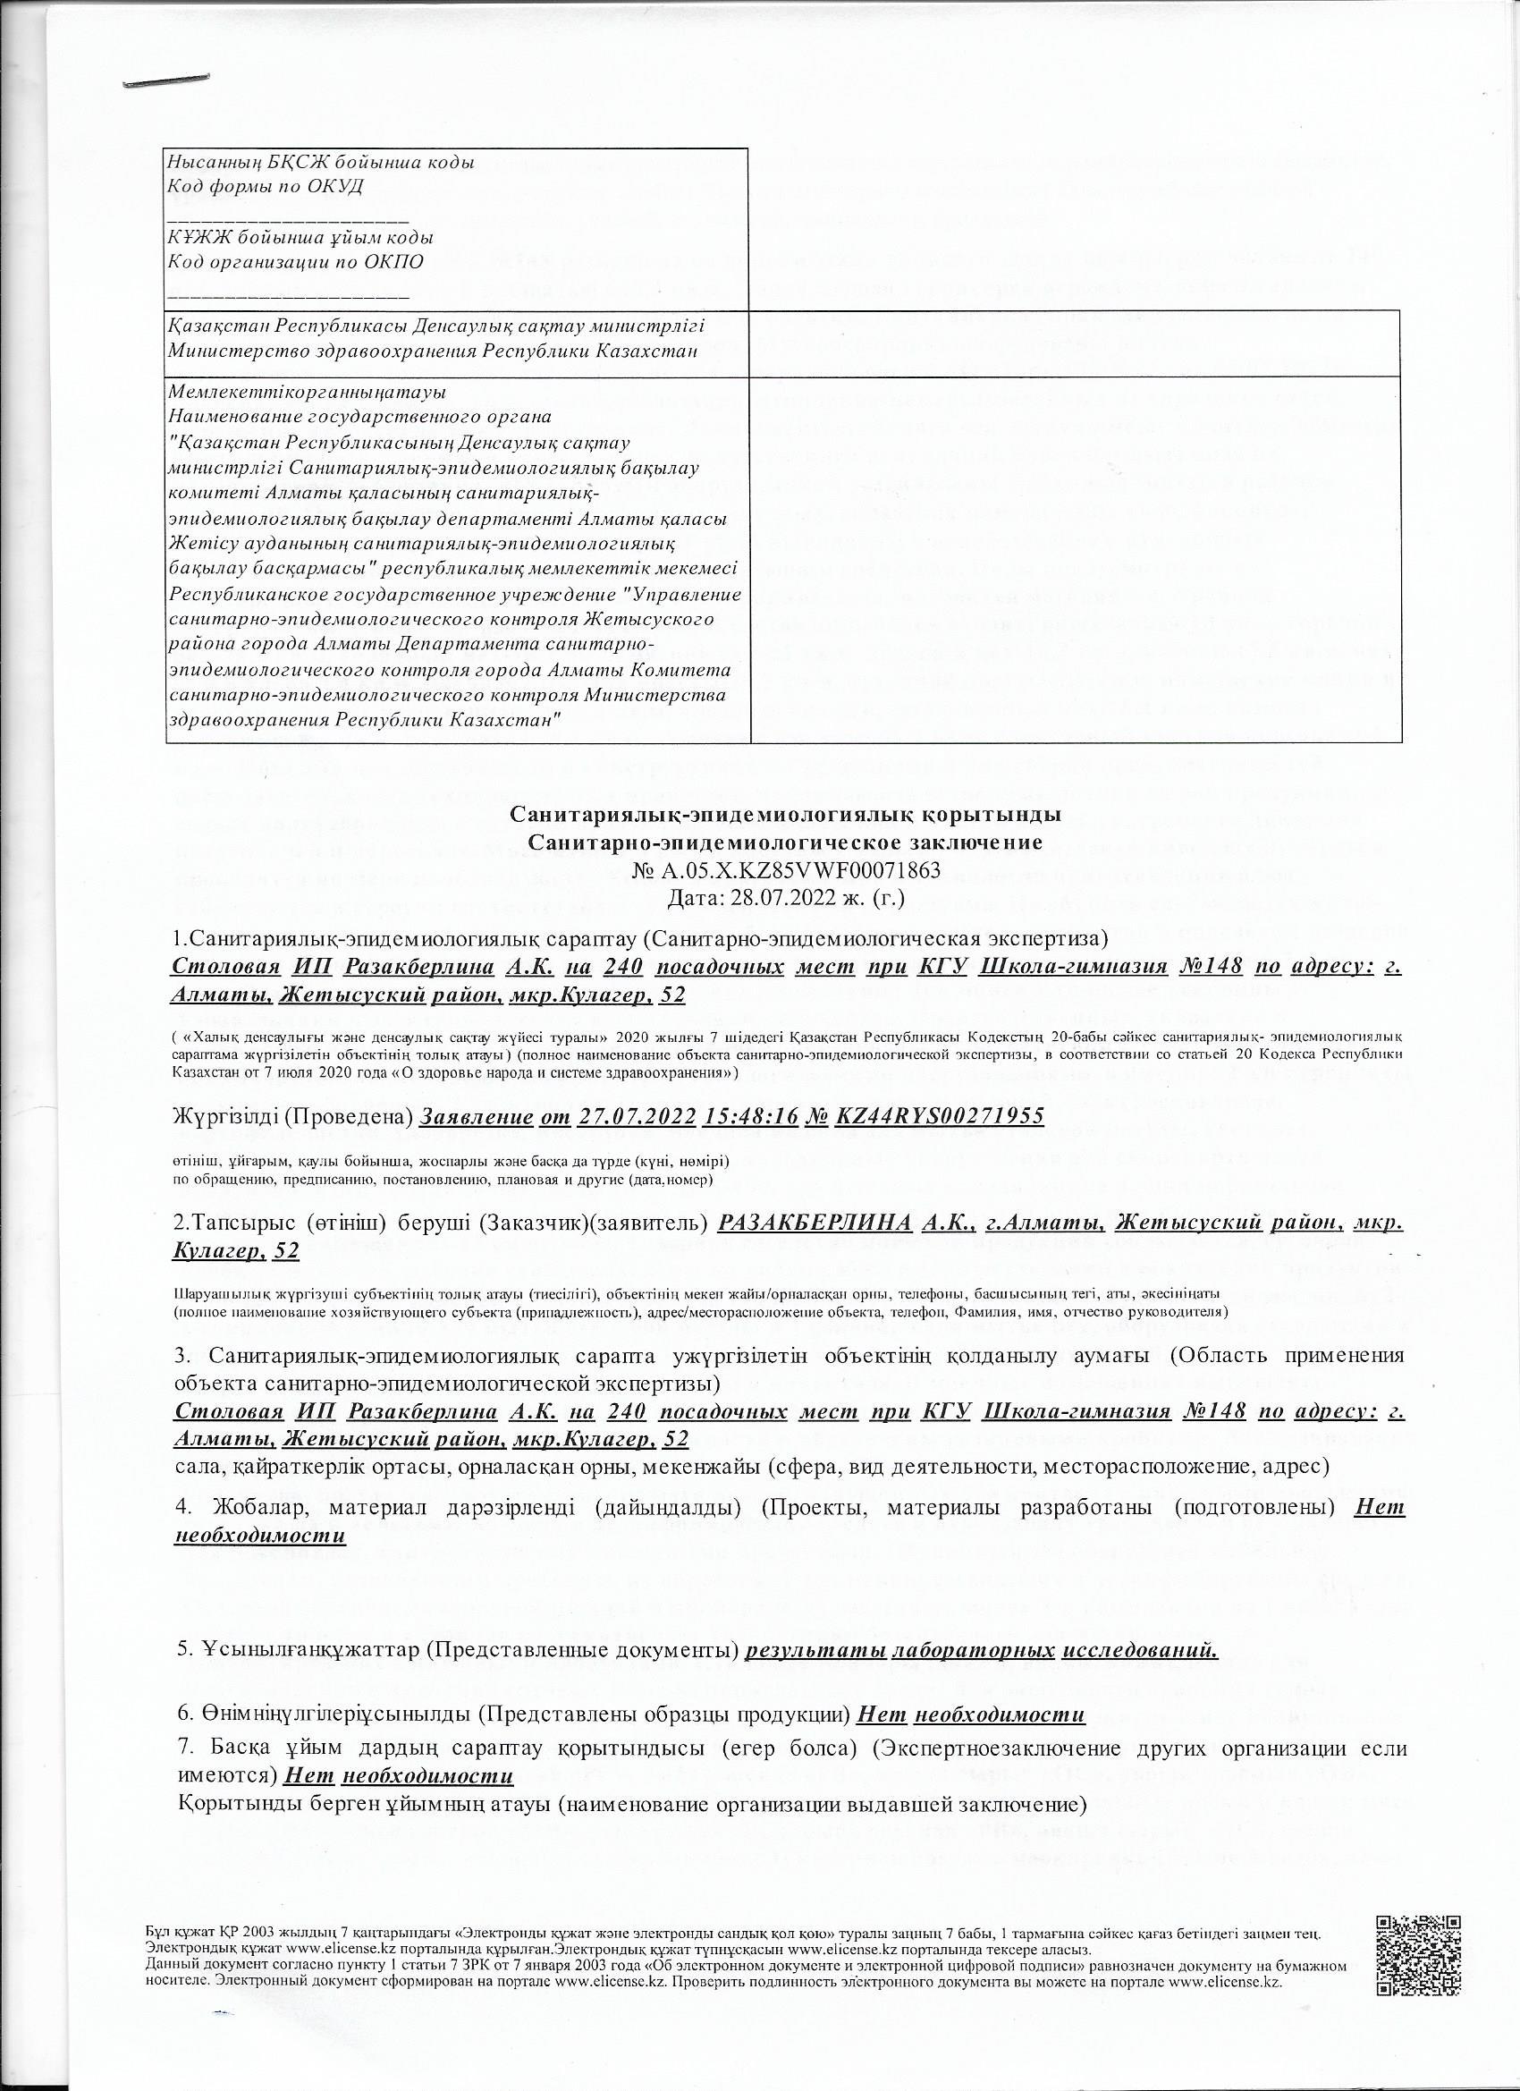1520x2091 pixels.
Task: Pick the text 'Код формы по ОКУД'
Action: [x=266, y=186]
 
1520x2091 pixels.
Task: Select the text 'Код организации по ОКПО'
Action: [x=296, y=261]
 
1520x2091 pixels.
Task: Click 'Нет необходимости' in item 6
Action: [x=971, y=1714]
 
